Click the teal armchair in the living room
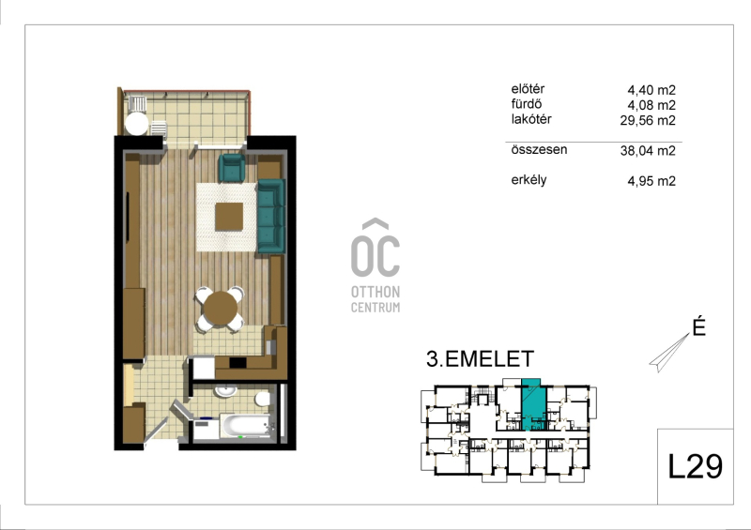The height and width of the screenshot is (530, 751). point(232,168)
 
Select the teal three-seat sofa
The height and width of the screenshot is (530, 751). point(271,216)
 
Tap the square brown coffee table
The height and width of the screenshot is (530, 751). point(229,217)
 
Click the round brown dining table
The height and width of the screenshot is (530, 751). point(221,309)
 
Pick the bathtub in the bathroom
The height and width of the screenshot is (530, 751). point(245,426)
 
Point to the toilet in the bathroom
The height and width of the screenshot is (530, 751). point(263,399)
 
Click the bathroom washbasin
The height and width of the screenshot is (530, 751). point(225,391)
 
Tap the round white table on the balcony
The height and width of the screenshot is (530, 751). point(136,124)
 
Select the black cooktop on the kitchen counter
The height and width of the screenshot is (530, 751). point(238,363)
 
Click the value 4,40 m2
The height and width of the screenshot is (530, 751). point(651,90)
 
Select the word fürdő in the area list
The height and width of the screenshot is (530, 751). point(527,104)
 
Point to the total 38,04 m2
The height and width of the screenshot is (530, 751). point(648,151)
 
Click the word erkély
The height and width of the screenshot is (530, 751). point(529,180)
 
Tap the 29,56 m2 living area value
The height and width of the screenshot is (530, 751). point(648,120)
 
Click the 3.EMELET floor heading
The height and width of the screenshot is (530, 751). point(480,359)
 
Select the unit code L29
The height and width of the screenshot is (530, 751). point(695,466)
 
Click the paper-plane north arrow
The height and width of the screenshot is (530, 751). point(669,353)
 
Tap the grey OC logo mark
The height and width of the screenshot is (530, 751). point(375,248)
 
